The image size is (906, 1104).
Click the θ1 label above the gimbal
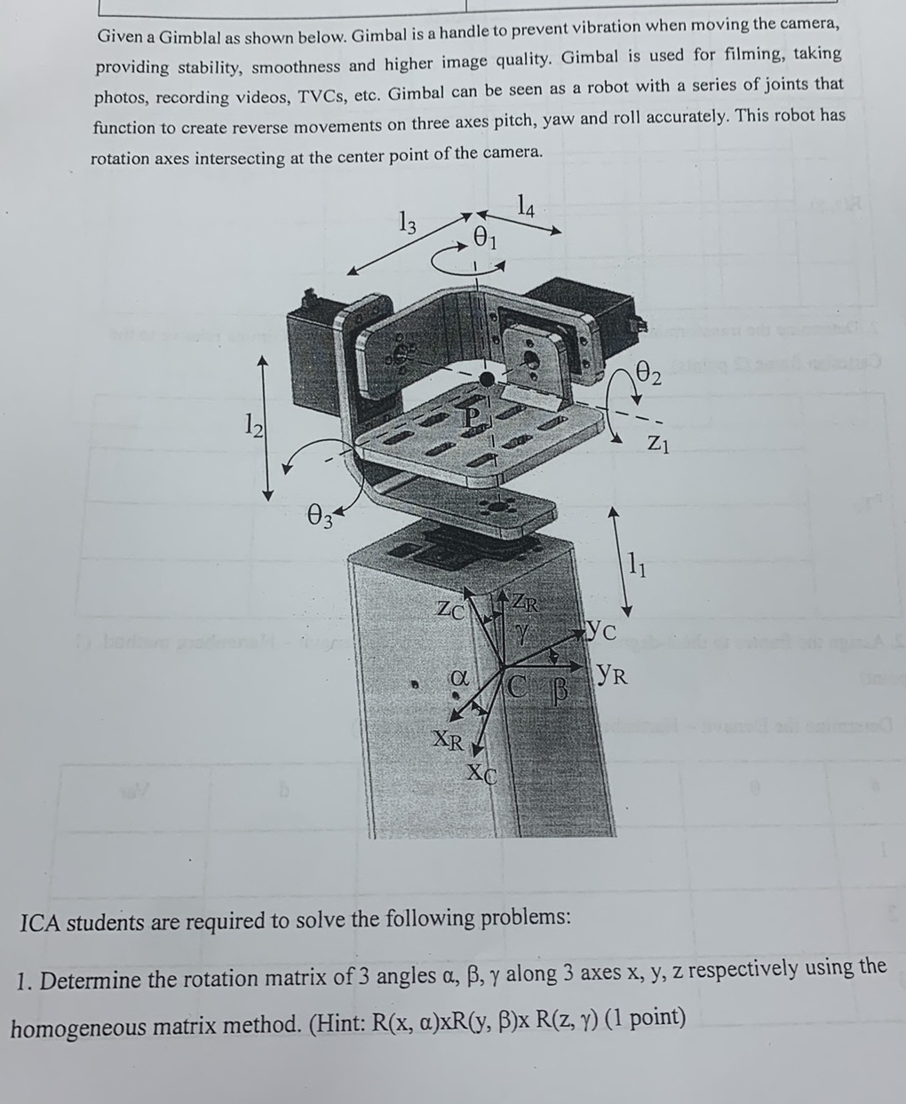tap(486, 237)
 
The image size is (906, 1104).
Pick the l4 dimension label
tap(526, 208)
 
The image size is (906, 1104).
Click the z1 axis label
tap(657, 441)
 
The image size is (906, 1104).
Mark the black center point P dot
tap(486, 380)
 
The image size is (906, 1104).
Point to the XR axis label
tap(446, 739)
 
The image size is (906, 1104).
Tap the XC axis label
tap(482, 773)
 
